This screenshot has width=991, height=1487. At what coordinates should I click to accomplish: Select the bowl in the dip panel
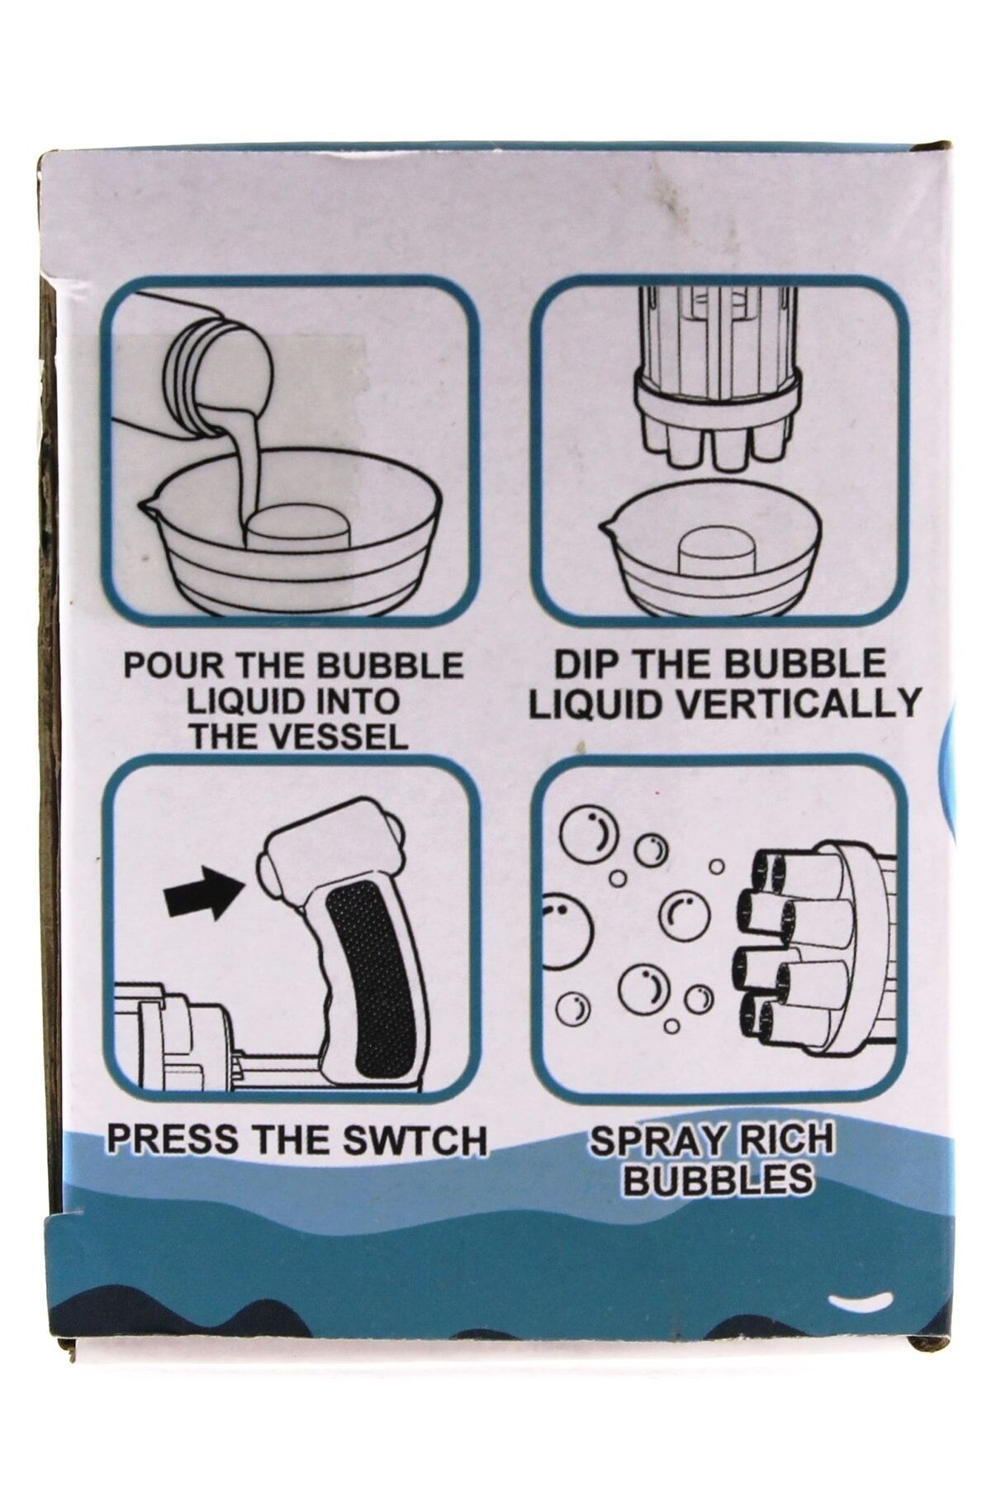click(x=711, y=549)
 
